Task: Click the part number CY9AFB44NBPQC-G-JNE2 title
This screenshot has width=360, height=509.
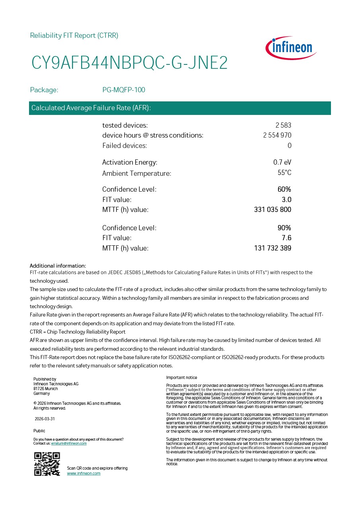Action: [x=130, y=63]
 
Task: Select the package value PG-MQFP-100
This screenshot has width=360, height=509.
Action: [x=124, y=90]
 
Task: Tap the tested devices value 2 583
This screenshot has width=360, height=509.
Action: [x=283, y=125]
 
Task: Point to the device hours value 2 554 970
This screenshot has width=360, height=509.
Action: [x=277, y=135]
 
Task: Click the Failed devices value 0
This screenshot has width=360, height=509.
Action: [x=289, y=146]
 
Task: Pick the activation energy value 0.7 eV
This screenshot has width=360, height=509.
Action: [x=282, y=162]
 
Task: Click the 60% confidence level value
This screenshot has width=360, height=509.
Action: [x=284, y=189]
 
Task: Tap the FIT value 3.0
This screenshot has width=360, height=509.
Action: [x=286, y=200]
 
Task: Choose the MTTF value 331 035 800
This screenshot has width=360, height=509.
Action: [x=272, y=210]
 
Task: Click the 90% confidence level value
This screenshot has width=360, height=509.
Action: [x=284, y=228]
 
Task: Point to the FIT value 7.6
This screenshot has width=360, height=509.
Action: [x=286, y=238]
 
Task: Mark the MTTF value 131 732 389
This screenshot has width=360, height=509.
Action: [x=272, y=248]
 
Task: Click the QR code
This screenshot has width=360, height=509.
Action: [x=47, y=464]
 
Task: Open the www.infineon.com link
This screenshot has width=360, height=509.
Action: [x=84, y=473]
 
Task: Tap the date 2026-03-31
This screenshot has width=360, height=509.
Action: [x=45, y=419]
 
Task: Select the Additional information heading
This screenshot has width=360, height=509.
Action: [x=58, y=266]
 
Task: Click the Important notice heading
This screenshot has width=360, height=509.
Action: [x=181, y=377]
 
